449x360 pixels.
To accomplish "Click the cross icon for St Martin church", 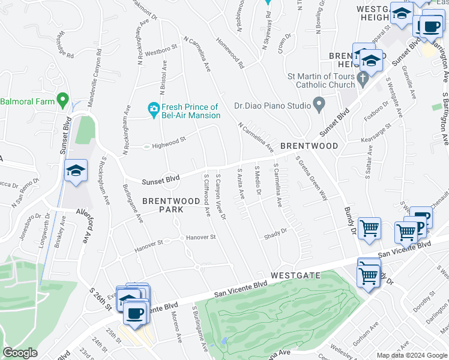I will coord(362,78).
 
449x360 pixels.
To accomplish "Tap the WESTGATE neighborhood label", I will coord(296,275).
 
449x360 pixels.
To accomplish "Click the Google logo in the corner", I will coord(20,353).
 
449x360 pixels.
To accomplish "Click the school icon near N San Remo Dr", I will coord(76,171).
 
